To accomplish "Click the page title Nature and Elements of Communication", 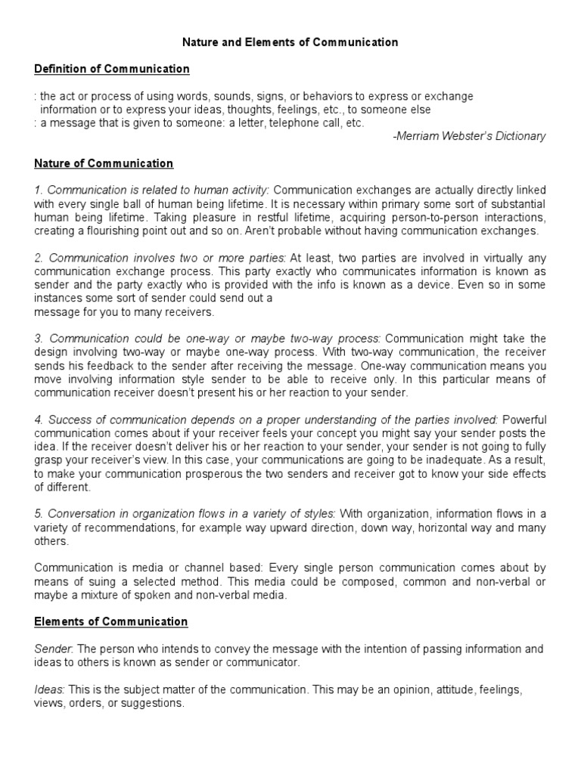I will click(x=290, y=42).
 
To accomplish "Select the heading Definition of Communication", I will click(x=112, y=70).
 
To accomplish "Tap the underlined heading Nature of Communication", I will click(x=104, y=163).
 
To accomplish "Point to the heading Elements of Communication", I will click(x=111, y=621).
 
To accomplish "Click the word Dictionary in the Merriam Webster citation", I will click(x=517, y=136).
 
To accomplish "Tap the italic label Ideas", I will click(x=49, y=689).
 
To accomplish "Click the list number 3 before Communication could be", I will click(x=38, y=338).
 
